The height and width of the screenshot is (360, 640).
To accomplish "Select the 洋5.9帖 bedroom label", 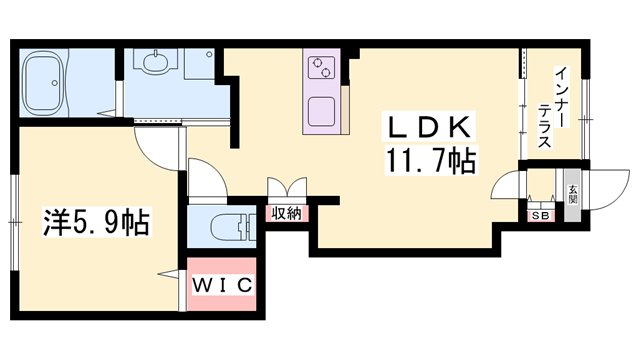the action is point(95,221).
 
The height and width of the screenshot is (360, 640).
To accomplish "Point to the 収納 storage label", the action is point(287,212).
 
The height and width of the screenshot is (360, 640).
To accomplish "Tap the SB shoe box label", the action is point(541,213).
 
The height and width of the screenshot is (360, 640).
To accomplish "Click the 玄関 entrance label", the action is point(573,193).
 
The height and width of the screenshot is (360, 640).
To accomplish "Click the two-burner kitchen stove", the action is point(323,67).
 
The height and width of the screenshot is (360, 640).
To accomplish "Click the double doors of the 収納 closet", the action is point(287,190).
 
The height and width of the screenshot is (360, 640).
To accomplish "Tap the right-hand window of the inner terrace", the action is point(589,110).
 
